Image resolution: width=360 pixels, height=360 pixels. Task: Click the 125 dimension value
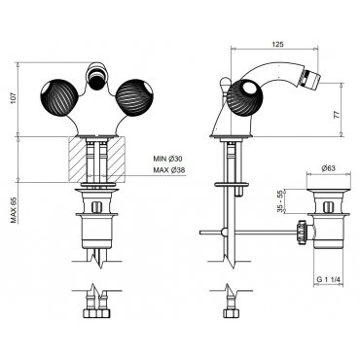(x=277, y=45)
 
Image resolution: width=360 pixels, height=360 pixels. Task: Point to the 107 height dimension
(x=13, y=98)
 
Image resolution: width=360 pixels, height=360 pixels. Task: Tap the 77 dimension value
(x=337, y=115)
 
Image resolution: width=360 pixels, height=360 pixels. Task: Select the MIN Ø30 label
(x=168, y=159)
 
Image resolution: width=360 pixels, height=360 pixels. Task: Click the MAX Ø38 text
(x=168, y=170)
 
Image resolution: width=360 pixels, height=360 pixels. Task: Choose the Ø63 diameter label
(x=328, y=168)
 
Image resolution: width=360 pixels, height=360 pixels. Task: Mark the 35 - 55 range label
(x=280, y=201)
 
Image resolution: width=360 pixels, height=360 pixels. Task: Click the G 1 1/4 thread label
(x=328, y=279)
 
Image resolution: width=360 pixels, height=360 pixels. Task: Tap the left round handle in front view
(x=59, y=96)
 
